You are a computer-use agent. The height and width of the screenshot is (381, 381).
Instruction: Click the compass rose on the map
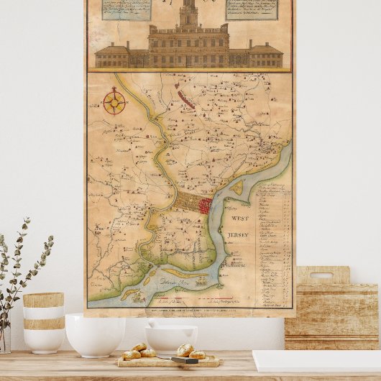click(x=114, y=101)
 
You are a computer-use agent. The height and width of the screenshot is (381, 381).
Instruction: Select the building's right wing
click(x=265, y=55)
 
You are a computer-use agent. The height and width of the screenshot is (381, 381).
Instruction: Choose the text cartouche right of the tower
click(x=252, y=9)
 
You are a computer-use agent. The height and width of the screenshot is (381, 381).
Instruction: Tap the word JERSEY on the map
click(x=238, y=235)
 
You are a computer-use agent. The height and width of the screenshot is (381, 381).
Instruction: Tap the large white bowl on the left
click(x=95, y=334)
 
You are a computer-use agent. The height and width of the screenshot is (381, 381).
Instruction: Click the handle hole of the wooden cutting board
click(x=321, y=275)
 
